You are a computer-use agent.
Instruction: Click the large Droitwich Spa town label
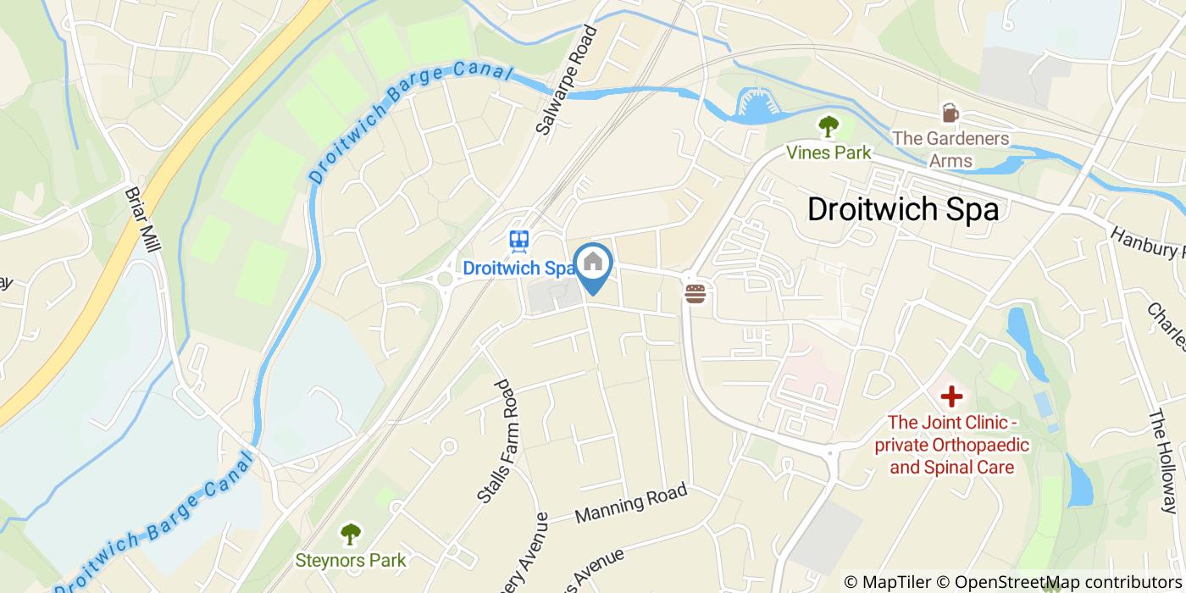tap(903, 209)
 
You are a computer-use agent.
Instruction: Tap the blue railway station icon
tap(518, 241)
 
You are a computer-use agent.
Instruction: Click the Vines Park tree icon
tap(828, 127)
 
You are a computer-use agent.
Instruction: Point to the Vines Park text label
tap(828, 153)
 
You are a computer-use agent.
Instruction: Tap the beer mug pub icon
tap(949, 113)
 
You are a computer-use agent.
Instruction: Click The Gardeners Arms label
tap(950, 149)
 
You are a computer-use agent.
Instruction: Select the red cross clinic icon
tap(951, 396)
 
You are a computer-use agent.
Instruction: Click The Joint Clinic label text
tap(951, 444)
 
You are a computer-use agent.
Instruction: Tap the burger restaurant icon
tap(696, 293)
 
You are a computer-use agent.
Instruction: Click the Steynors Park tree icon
tap(350, 534)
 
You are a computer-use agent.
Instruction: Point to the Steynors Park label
tap(350, 560)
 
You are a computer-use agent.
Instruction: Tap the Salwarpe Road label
tap(567, 80)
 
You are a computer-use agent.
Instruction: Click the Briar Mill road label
tap(143, 224)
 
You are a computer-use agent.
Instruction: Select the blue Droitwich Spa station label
tap(518, 268)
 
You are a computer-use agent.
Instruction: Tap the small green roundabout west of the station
tap(444, 279)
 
